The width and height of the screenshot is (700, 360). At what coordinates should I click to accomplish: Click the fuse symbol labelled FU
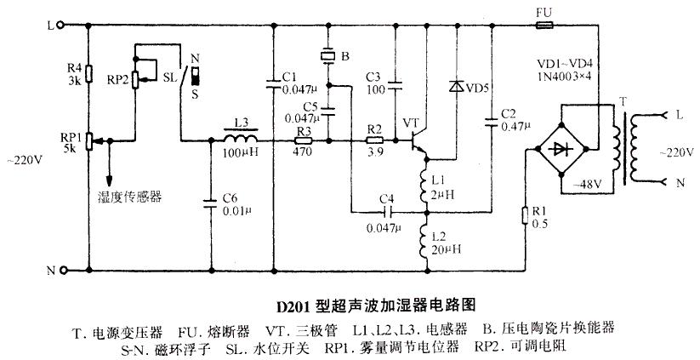[x=543, y=26]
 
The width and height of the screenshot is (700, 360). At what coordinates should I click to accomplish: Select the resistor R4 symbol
[x=88, y=74]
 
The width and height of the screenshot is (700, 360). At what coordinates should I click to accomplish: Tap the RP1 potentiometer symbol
[x=89, y=140]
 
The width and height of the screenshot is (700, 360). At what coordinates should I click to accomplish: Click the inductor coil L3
[x=241, y=136]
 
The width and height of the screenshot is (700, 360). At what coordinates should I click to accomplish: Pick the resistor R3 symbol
[x=304, y=140]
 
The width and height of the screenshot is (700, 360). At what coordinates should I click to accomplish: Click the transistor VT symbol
[x=418, y=140]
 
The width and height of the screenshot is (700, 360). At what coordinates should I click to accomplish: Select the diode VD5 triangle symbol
[x=456, y=86]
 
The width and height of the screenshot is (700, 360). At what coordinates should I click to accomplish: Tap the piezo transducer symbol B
[x=328, y=56]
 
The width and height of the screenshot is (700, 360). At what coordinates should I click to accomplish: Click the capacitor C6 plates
[x=211, y=203]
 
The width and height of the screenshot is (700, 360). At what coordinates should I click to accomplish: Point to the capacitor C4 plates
[x=387, y=212]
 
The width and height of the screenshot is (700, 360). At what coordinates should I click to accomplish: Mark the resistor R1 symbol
[x=526, y=215]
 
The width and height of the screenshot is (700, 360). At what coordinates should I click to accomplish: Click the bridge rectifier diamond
[x=561, y=149]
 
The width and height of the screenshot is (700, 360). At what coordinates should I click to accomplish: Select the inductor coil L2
[x=426, y=242]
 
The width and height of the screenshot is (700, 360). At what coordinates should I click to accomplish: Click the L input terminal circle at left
[x=62, y=26]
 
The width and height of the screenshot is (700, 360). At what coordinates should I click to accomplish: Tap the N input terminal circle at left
[x=62, y=270]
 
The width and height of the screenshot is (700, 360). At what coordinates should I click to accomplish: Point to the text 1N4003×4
[x=564, y=76]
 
